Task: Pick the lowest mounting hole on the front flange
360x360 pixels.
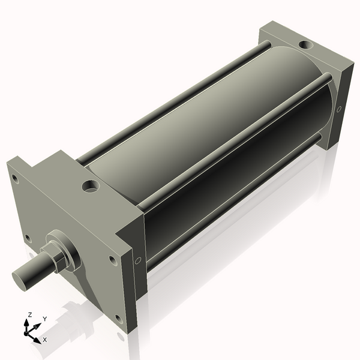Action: (118, 319)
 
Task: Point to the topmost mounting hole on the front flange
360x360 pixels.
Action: (15, 179)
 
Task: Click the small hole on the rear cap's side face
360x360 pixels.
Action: (339, 109)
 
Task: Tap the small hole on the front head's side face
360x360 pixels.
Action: (138, 260)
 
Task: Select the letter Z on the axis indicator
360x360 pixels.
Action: (29, 314)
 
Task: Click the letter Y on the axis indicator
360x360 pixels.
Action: (45, 319)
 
